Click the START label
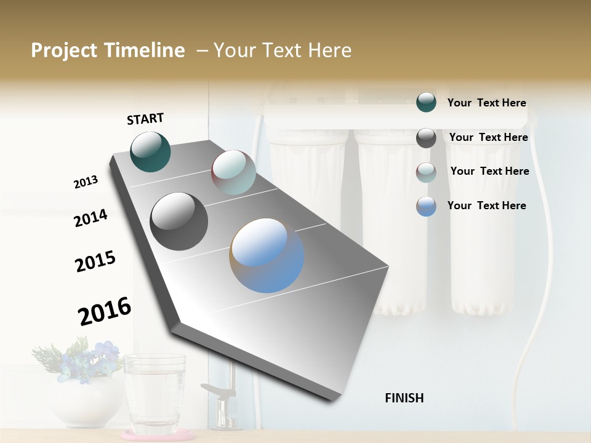[145, 119]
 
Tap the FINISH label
[404, 398]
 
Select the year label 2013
[86, 182]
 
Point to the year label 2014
[90, 218]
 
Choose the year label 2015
[95, 261]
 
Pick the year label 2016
[105, 311]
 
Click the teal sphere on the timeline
[150, 151]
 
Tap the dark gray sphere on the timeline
[179, 221]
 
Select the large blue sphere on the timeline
[267, 255]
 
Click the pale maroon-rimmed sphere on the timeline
[233, 172]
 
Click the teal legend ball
[426, 103]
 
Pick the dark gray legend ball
[426, 138]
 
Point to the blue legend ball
[426, 206]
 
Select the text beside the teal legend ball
[486, 103]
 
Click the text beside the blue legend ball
[486, 206]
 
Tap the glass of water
[155, 394]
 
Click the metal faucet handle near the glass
[215, 391]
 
